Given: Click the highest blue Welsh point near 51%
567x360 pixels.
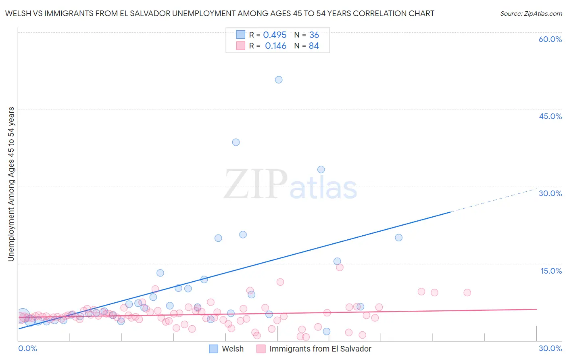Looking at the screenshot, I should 279,80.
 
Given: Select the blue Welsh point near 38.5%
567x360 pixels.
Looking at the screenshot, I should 236,142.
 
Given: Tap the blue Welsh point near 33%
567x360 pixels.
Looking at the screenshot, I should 321,170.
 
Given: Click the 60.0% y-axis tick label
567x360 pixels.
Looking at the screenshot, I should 550,39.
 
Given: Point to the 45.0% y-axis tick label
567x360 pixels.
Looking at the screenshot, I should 550,116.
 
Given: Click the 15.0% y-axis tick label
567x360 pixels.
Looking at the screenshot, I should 551,271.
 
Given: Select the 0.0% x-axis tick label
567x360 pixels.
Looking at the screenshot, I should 27,348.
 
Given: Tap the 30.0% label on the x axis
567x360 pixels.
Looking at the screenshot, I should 550,348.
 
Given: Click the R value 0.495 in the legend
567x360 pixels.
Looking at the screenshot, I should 275,35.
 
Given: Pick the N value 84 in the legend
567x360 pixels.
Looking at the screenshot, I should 314,46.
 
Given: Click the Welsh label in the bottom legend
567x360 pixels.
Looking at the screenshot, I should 233,349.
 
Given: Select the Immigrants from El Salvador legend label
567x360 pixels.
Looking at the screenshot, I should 320,349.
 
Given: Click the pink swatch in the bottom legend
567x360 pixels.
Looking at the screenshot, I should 261,349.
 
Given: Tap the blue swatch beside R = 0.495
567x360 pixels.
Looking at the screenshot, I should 240,35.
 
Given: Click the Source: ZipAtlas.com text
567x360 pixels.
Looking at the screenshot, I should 531,14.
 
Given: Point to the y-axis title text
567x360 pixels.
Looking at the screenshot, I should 11,184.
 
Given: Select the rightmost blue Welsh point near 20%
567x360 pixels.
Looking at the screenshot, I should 398,237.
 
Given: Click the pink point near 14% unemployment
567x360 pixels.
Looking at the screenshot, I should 340,267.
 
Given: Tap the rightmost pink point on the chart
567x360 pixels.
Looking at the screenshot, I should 467,293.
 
